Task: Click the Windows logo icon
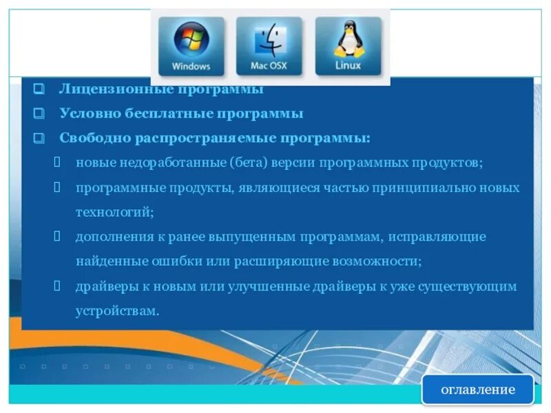[191, 40]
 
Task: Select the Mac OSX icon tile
[269, 46]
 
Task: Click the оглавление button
[477, 390]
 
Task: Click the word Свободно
[94, 138]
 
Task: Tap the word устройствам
[117, 311]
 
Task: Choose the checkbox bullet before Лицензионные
[39, 89]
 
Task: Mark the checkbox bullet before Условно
[39, 114]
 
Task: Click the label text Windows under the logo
[191, 67]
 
